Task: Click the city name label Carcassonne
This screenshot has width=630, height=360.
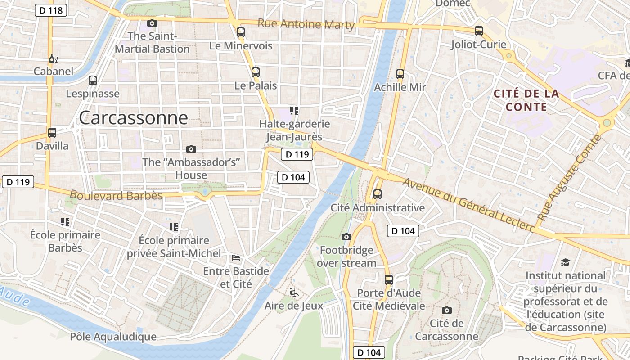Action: [133, 118]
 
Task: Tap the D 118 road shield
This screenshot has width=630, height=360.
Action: [51, 10]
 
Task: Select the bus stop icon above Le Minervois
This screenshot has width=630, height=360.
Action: [241, 32]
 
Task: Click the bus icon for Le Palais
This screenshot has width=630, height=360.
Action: [256, 72]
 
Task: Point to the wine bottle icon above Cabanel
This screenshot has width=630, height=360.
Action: [53, 58]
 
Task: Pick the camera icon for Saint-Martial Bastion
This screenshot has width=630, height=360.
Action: [152, 23]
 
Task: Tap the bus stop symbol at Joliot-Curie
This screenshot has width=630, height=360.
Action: [479, 31]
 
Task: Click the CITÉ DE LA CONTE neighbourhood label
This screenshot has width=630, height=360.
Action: [526, 100]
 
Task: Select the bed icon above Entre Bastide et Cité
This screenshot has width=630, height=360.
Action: [236, 258]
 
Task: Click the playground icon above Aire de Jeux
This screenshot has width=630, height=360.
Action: [293, 292]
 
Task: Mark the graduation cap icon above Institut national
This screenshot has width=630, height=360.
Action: [565, 262]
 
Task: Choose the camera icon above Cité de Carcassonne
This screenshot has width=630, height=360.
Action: [446, 310]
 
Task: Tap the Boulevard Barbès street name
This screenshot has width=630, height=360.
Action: [116, 195]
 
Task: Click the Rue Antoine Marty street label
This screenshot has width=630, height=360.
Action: [306, 24]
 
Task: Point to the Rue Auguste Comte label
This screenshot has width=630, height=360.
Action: [569, 177]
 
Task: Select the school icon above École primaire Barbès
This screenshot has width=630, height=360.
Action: [65, 221]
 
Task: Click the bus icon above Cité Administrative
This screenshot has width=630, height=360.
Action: [378, 194]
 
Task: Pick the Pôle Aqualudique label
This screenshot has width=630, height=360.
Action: [113, 337]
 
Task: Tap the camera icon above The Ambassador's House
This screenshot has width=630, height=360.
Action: [191, 149]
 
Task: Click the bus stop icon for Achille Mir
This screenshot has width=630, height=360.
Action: [400, 74]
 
